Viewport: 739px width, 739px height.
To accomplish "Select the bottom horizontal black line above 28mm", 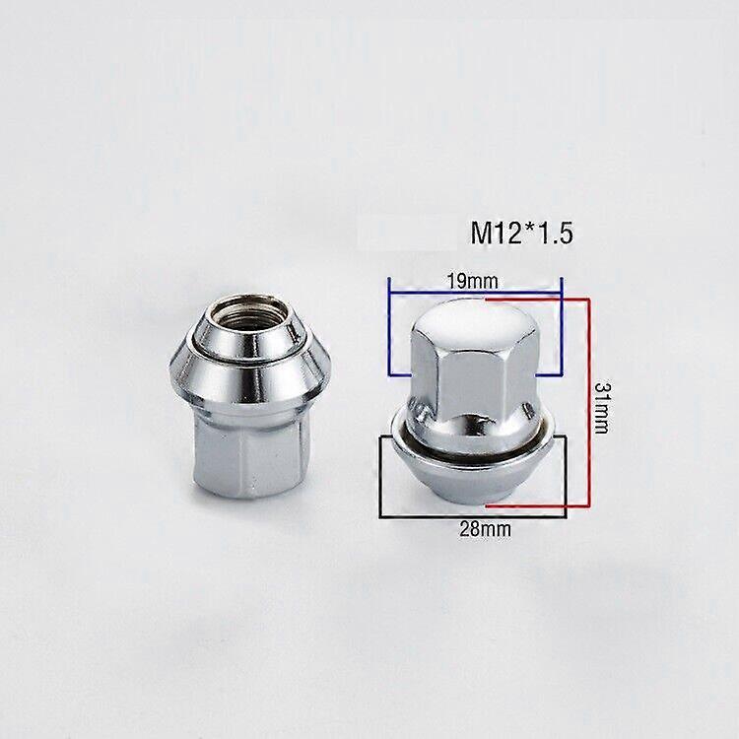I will coord(472,515).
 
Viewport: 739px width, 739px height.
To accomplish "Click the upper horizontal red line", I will coord(537,296).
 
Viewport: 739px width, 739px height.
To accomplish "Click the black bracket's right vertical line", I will coord(566,476).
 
